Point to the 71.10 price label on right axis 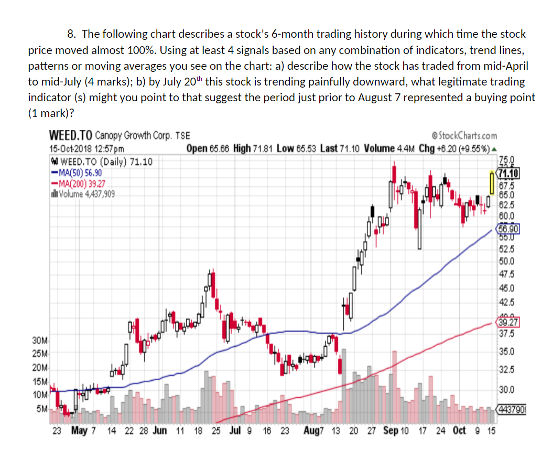[x=508, y=174]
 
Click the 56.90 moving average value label [x=508, y=229]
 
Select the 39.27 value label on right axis [x=507, y=322]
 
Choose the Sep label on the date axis [x=391, y=431]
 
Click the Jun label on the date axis [x=160, y=431]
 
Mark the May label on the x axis [x=79, y=431]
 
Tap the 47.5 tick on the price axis [x=507, y=274]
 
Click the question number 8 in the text [x=72, y=34]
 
